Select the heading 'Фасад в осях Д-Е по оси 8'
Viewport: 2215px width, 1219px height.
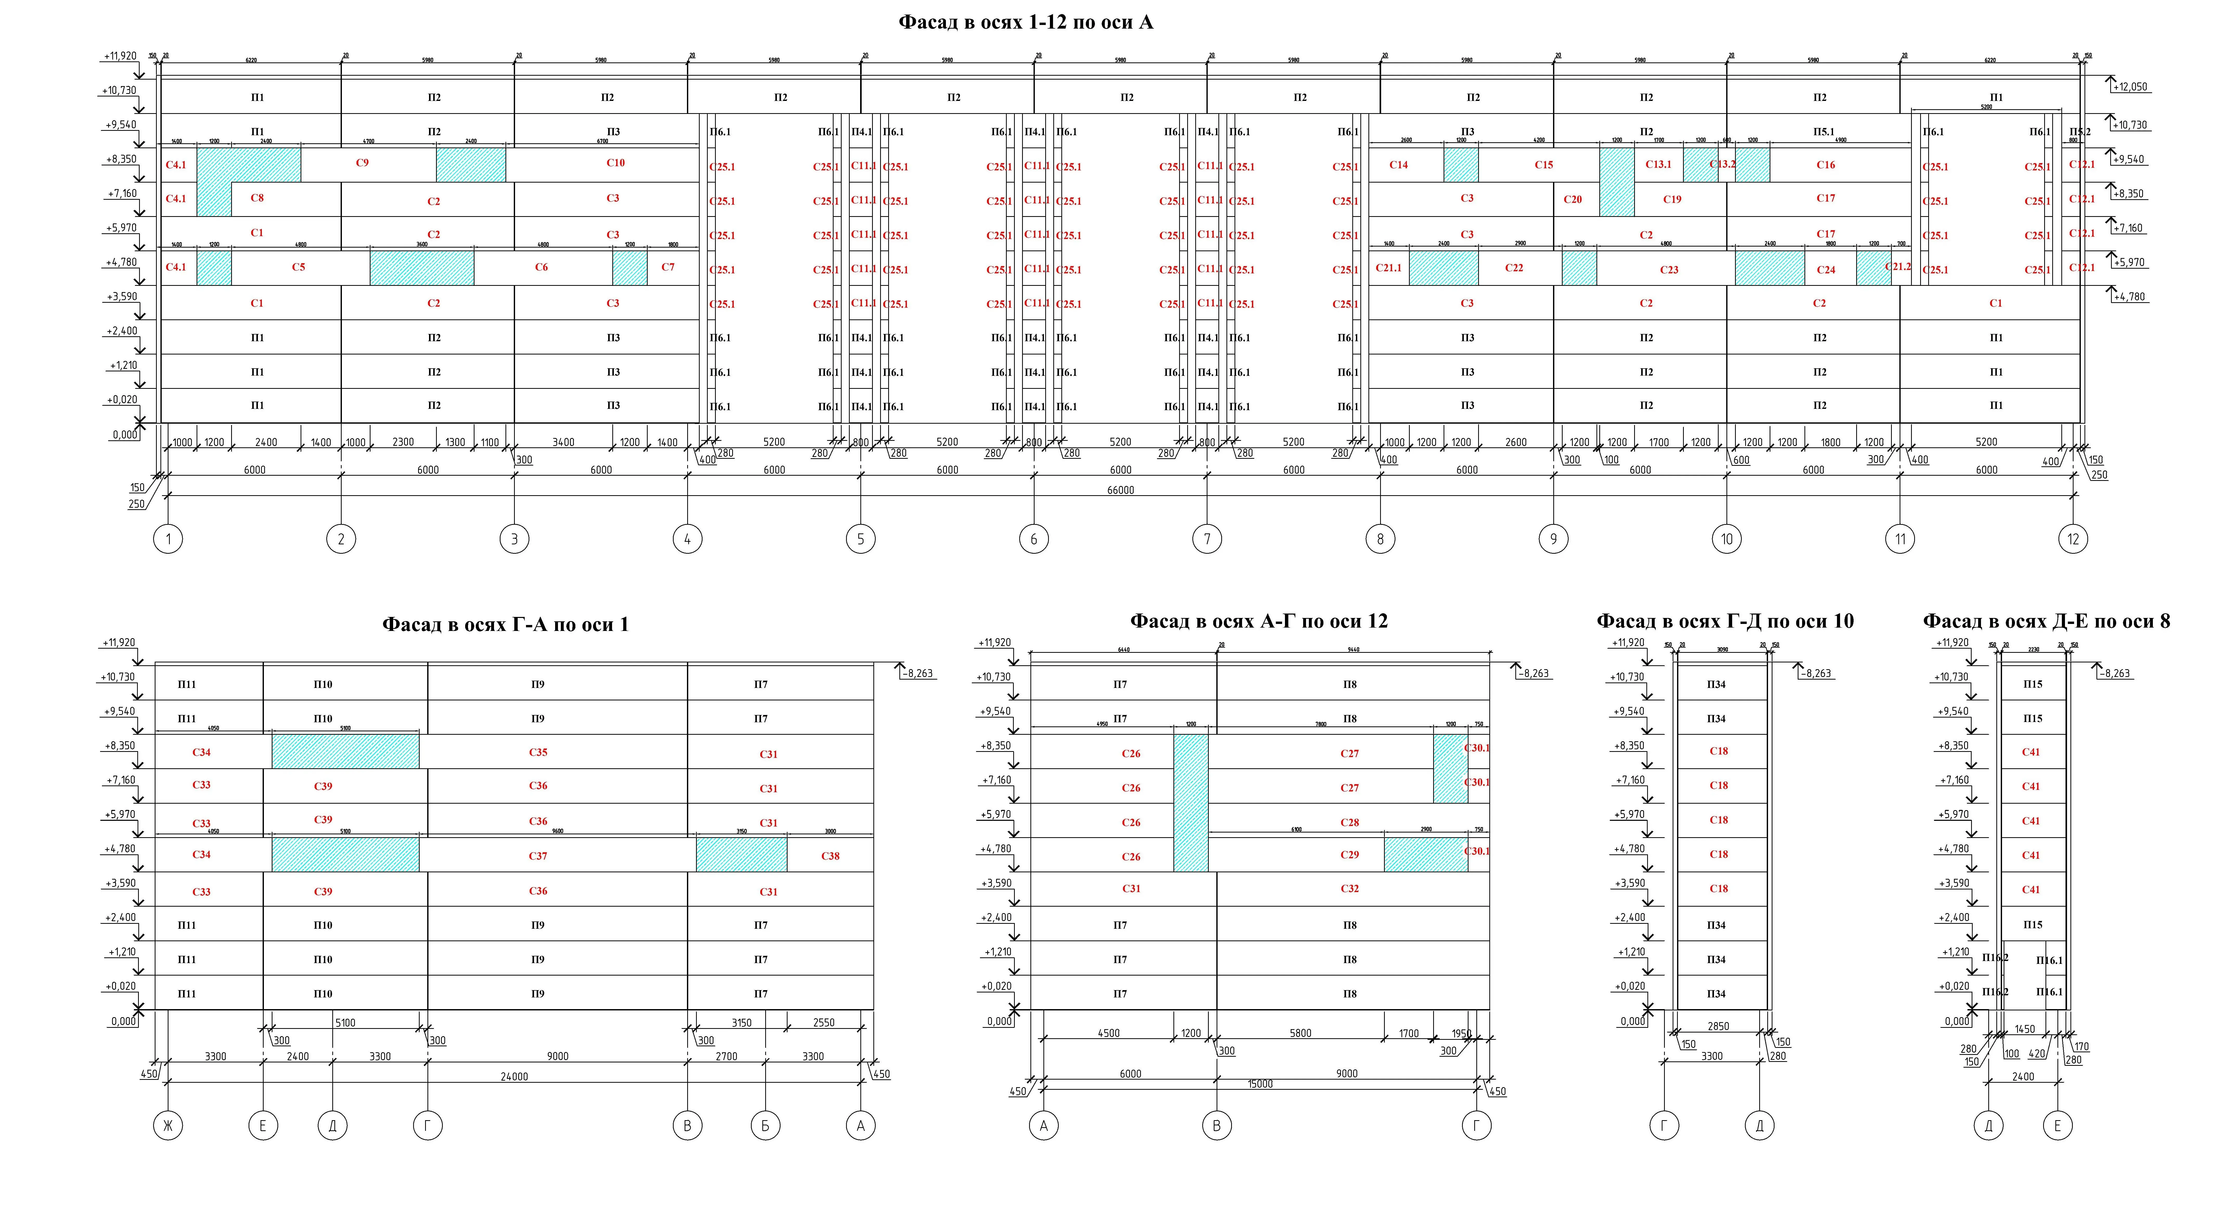click(2046, 621)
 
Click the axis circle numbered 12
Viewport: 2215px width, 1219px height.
click(2073, 539)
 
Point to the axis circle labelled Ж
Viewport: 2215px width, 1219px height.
click(168, 1125)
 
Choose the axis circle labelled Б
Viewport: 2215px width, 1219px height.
click(764, 1125)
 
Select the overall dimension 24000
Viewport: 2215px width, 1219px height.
click(514, 1076)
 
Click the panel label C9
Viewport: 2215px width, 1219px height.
click(362, 163)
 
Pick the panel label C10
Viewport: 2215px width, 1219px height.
click(616, 163)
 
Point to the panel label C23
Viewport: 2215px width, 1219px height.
click(1669, 269)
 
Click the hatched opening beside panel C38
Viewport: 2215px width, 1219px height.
click(741, 854)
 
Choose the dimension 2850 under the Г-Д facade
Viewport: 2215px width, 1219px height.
click(1718, 1026)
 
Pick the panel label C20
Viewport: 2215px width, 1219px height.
click(1573, 199)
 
